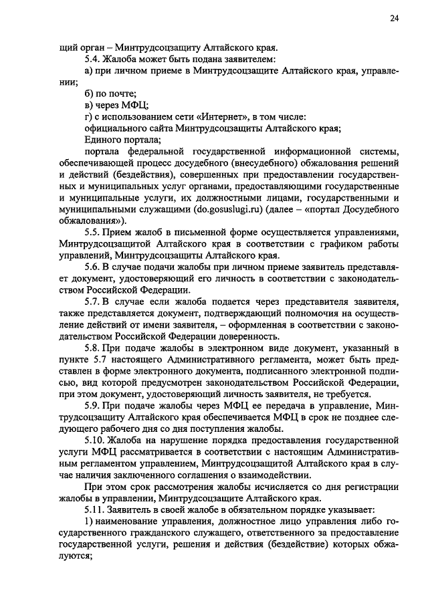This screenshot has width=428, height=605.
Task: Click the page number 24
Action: coord(395,19)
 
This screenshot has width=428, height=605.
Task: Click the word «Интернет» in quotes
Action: coord(231,117)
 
